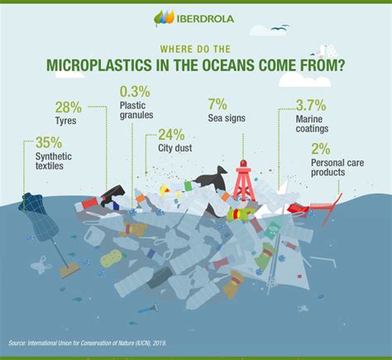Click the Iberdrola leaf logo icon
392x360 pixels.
164,17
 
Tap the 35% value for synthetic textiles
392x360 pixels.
49,142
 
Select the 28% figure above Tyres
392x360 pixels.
69,108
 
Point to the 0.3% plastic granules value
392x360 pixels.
135,92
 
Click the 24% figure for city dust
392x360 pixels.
171,135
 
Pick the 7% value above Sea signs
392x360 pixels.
218,104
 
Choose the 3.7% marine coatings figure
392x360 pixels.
311,105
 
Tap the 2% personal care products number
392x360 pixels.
321,149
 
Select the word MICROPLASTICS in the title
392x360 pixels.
99,65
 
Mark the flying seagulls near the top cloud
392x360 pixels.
280,27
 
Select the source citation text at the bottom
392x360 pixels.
88,343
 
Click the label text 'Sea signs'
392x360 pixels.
227,118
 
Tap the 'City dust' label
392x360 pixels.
175,148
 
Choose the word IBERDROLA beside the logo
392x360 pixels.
205,19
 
